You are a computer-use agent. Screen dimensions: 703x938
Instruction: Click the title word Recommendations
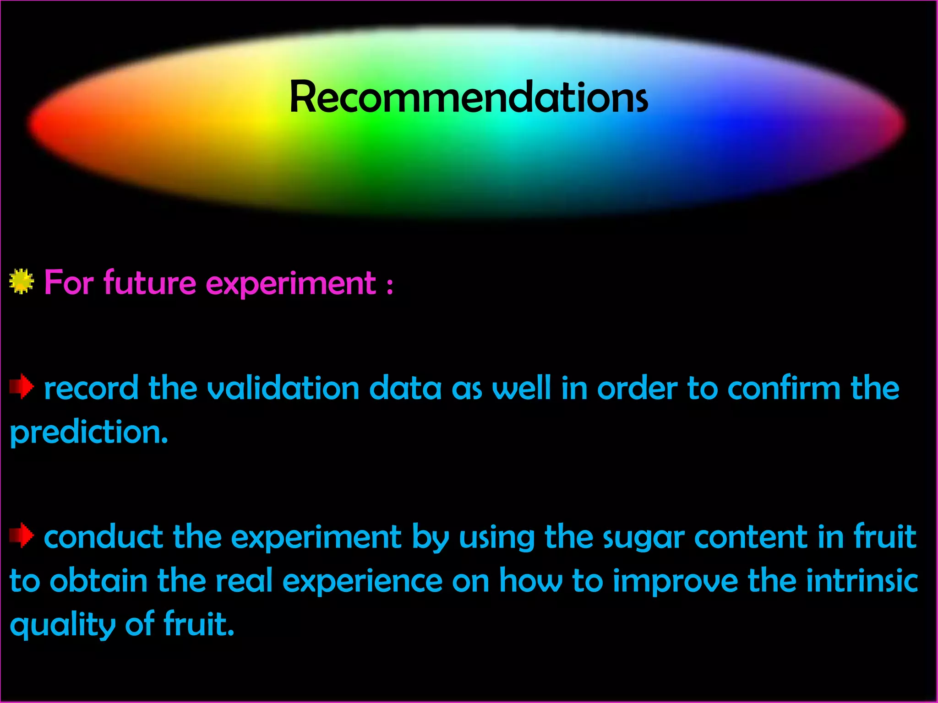click(x=469, y=97)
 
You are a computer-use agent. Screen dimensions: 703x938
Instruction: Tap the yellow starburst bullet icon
click(x=22, y=281)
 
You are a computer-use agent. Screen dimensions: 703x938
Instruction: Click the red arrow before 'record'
click(x=22, y=387)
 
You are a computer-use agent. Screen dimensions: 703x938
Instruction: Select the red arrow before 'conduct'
click(x=22, y=535)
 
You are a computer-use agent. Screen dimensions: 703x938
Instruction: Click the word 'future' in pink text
click(x=150, y=283)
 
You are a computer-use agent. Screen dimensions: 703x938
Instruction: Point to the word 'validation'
click(x=283, y=388)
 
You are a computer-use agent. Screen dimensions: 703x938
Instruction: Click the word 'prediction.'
click(x=89, y=433)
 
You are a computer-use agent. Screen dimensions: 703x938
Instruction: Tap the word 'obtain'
click(x=98, y=580)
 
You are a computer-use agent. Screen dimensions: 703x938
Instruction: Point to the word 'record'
click(x=91, y=388)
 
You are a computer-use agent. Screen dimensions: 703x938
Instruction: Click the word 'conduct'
click(x=103, y=537)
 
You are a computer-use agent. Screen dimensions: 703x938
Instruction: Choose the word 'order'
click(x=637, y=388)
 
